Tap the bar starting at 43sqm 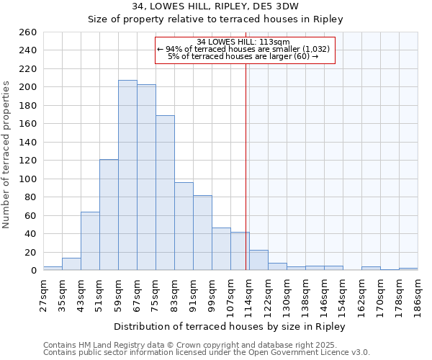90,241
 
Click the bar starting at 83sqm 184,226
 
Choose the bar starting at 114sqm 258,260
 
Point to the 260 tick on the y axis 27,32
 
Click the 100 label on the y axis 27,179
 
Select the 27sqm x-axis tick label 43,294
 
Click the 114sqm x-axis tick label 249,294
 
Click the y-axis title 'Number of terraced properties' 7,155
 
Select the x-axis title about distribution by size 230,327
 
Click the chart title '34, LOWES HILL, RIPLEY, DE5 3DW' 215,6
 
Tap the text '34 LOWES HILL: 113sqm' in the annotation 245,42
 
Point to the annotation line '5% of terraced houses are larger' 245,56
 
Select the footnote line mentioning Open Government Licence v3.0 207,353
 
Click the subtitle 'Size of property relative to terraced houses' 215,19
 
